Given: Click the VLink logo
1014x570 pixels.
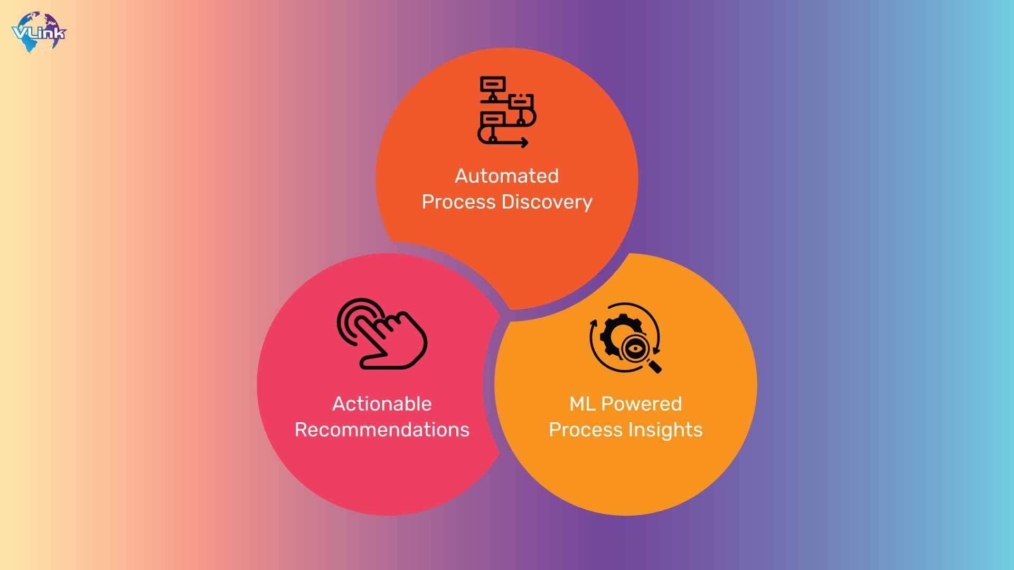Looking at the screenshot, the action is point(39,32).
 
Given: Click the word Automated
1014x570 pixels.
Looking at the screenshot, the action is point(506,176).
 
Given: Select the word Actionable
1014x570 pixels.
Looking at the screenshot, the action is point(382,404).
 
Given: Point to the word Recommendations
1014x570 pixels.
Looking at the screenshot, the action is point(382,430).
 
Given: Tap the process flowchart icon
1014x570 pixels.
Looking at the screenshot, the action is point(506,112).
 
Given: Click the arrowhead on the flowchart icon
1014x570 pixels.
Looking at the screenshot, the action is point(524,142).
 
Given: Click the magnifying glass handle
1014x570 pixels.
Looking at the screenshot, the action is point(654,366).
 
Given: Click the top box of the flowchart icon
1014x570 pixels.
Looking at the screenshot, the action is point(493,84).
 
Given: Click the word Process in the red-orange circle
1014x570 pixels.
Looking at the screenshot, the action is point(458,202).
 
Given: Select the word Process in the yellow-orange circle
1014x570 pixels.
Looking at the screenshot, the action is point(586,430).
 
